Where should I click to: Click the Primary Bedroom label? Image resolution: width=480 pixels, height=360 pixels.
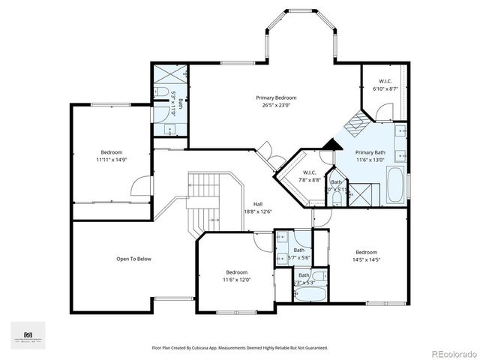275,97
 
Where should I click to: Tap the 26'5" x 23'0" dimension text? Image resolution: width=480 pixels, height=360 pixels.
275,105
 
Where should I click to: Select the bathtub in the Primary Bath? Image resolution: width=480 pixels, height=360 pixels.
395,185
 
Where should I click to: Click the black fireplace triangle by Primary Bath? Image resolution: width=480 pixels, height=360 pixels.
328,145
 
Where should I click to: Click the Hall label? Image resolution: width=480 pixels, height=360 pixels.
257,204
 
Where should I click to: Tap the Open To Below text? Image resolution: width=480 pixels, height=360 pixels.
133,259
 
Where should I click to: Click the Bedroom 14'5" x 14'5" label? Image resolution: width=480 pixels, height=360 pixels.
366,256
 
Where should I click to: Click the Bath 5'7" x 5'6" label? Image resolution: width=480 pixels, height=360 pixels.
299,253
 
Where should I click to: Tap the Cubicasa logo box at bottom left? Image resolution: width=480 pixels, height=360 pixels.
28,335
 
